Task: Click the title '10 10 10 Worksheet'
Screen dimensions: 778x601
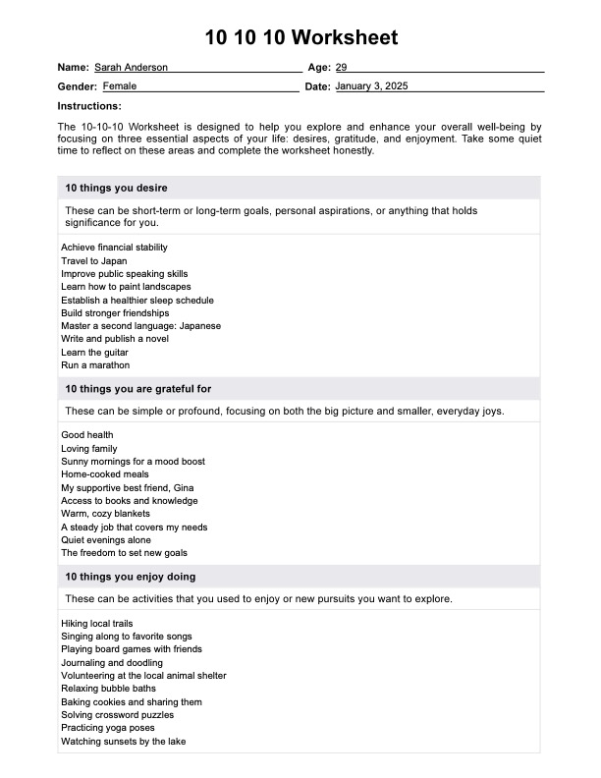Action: pos(300,38)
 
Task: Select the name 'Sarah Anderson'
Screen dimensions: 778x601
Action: pos(131,68)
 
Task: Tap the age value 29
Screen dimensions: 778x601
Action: pos(341,68)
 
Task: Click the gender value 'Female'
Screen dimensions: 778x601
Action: pos(120,86)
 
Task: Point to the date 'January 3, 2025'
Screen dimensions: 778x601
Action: pos(371,86)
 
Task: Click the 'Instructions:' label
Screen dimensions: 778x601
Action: pos(89,106)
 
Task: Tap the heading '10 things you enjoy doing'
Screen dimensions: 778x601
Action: pos(130,577)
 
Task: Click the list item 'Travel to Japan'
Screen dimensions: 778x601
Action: pos(93,261)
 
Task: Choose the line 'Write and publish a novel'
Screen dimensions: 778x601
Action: pos(115,339)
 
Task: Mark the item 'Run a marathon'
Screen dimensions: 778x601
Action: pos(95,365)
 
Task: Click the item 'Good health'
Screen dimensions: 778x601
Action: pos(86,435)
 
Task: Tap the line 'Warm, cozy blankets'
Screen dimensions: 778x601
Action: pos(105,514)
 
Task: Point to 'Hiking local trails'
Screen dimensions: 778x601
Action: pos(96,624)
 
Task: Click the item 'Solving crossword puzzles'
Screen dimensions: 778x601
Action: pos(117,715)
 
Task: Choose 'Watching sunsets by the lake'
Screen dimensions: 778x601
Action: pos(123,742)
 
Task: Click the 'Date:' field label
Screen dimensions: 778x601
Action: pos(318,86)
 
